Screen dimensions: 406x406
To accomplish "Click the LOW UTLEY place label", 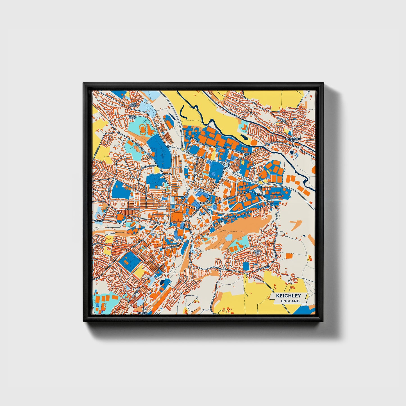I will click(x=133, y=104).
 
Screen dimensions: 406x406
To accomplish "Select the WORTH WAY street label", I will click(x=171, y=247).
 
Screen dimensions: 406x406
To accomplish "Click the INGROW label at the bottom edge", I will click(x=142, y=313).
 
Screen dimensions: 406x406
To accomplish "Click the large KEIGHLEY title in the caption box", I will click(x=288, y=296).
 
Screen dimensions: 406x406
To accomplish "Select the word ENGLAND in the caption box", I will click(x=290, y=301).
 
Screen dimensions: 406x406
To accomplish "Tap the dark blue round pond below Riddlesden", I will click(x=292, y=152).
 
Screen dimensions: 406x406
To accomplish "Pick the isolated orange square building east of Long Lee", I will click(x=289, y=256).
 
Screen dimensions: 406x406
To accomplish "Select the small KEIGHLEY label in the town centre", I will click(x=203, y=203).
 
